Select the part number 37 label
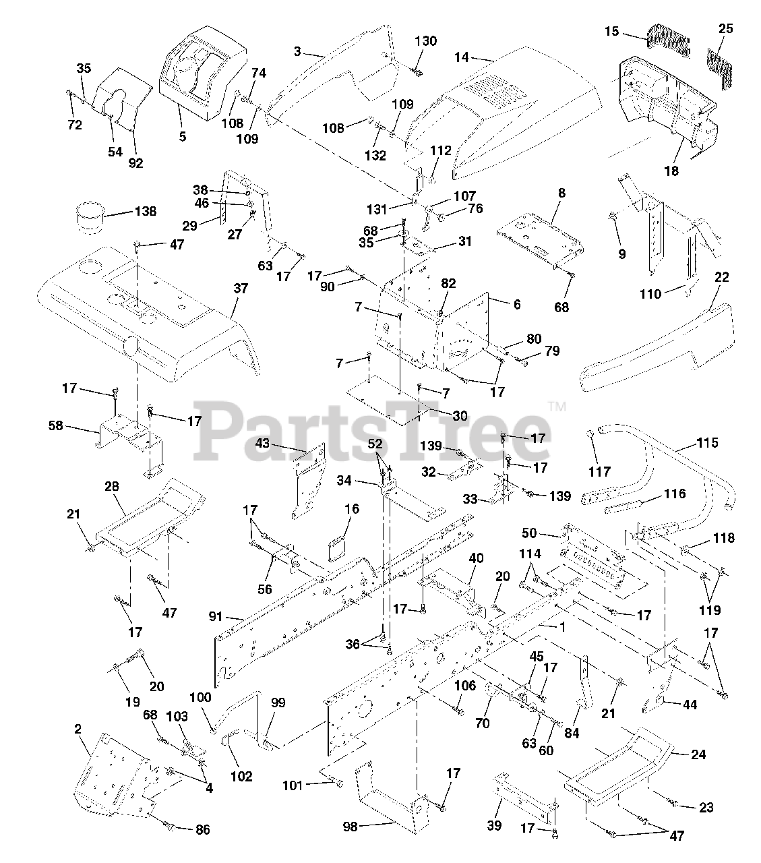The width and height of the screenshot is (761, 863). [240, 289]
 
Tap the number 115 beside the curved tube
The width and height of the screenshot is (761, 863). [707, 443]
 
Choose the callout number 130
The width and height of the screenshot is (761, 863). [425, 41]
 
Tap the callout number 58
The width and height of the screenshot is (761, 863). [55, 425]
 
